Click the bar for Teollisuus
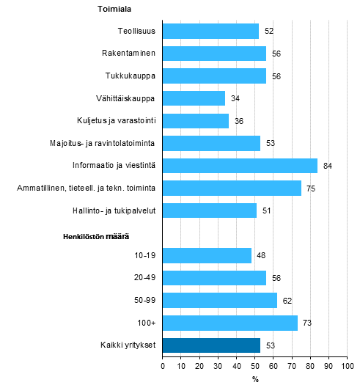click(x=210, y=31)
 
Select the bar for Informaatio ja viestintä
click(x=240, y=166)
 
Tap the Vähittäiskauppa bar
click(x=194, y=98)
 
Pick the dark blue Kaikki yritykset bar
click(x=211, y=345)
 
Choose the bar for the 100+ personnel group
click(x=229, y=323)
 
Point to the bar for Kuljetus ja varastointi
click(x=196, y=121)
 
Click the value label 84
click(x=328, y=166)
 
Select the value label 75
click(x=311, y=188)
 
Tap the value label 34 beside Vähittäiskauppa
click(x=235, y=99)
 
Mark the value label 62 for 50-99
click(x=287, y=301)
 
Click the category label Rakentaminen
click(x=129, y=54)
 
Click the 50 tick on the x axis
click(x=254, y=365)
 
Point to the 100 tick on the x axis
click(x=347, y=365)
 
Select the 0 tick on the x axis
click(x=163, y=365)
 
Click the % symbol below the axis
click(x=255, y=379)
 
